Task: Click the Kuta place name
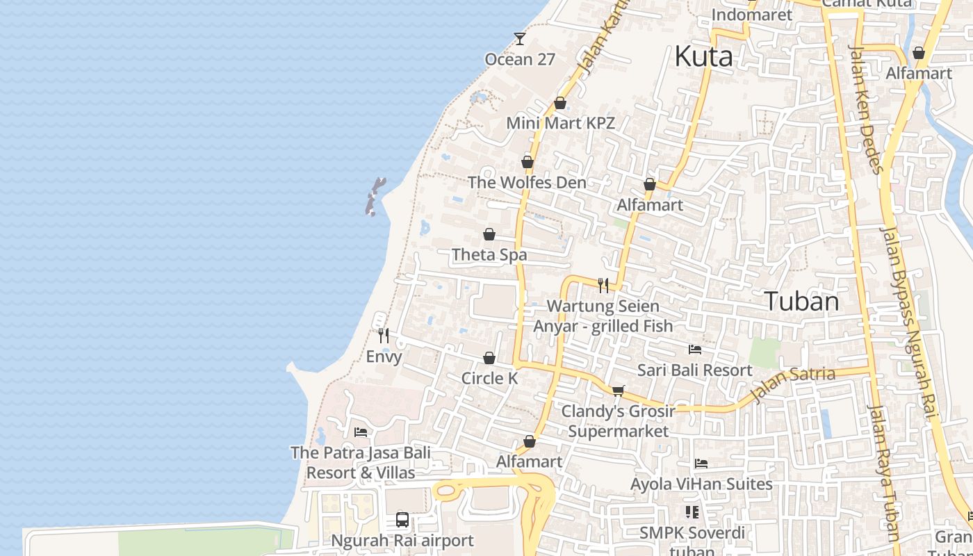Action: pos(703,56)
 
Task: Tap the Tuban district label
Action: pos(801,301)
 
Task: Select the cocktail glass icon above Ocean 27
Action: pos(520,39)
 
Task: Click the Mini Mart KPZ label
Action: pos(560,123)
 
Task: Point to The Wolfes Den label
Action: pos(527,182)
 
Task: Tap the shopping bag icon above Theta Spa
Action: pos(489,234)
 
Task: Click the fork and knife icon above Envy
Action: pos(384,336)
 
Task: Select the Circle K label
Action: pos(489,378)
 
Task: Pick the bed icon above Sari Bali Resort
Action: pos(694,349)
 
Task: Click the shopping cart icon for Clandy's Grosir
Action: pos(618,391)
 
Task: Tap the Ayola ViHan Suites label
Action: pos(701,484)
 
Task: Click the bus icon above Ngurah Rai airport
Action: pos(402,519)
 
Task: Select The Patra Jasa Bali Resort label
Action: pos(360,462)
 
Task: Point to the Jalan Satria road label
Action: pos(793,384)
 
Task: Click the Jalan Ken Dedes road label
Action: pos(865,109)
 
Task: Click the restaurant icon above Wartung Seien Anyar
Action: pos(603,285)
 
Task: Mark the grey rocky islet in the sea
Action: pos(374,196)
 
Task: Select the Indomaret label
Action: pos(751,15)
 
